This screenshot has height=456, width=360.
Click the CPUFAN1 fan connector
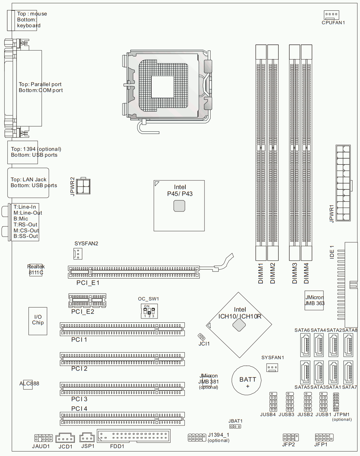pos(331,15)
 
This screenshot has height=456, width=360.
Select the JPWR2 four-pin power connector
pos(83,186)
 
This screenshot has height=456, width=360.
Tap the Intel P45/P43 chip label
pos(180,190)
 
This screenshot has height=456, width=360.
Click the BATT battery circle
pos(247,380)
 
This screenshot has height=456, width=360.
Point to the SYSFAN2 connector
pos(78,253)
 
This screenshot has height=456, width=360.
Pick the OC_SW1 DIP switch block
pos(149,311)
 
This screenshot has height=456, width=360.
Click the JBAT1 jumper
pos(235,426)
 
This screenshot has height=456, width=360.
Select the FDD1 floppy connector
pos(134,436)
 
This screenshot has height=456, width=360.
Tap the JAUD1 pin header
pos(43,438)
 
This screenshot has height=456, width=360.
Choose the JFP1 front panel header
pos(324,437)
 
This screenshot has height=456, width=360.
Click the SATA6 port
pos(305,345)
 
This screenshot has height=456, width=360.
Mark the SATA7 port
pos(348,372)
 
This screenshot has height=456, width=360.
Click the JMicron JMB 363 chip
pos(314,300)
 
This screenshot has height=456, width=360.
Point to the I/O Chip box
pos(38,321)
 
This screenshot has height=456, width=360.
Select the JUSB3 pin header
pos(290,402)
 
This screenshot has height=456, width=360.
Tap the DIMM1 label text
pos(261,273)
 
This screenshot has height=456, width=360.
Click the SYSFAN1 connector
pos(272,367)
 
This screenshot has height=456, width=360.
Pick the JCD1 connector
pos(65,438)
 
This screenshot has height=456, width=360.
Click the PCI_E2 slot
pos(87,300)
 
